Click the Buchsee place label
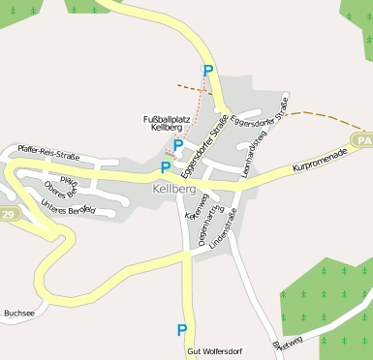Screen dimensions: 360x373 pyautogui.click(x=19, y=314)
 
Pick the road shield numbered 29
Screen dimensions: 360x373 pyautogui.click(x=8, y=213)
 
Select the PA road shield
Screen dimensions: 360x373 pyautogui.click(x=363, y=141)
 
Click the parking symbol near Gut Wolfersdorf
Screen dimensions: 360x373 pyautogui.click(x=181, y=330)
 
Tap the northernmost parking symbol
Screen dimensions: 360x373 pyautogui.click(x=206, y=71)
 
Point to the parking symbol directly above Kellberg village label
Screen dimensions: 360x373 pyautogui.click(x=166, y=167)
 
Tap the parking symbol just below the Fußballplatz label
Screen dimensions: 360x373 pyautogui.click(x=177, y=145)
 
